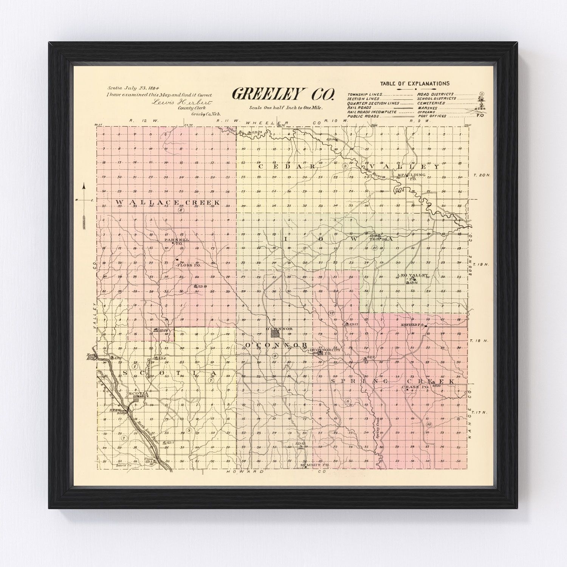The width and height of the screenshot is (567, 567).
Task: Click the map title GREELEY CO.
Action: point(283,94)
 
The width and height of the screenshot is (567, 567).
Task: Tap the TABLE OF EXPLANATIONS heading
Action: point(415,84)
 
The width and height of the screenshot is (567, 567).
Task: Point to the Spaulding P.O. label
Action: point(412,177)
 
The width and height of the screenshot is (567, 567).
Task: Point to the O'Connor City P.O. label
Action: point(325,350)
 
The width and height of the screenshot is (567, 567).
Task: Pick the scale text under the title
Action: point(286,108)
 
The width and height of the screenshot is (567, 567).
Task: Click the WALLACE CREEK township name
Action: point(168,203)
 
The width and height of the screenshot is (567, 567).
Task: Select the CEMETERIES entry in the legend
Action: point(431,103)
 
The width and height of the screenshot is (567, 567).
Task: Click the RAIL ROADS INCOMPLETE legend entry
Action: point(372,112)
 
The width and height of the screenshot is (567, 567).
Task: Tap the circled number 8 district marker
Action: point(181,210)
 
